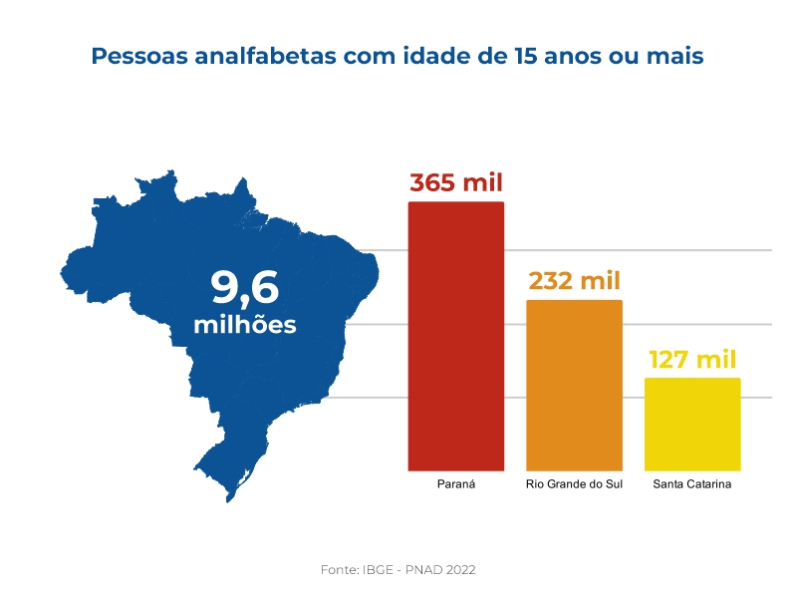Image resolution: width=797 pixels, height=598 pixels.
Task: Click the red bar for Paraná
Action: (x=456, y=336)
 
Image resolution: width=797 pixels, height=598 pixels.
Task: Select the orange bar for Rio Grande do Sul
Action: (x=574, y=385)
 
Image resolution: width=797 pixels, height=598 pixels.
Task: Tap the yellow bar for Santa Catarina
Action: (x=692, y=424)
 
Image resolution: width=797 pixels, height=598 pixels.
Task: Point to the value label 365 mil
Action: (x=456, y=183)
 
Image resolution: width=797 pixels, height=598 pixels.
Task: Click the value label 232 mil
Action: (x=574, y=281)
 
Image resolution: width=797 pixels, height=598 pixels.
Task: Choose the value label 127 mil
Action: (x=692, y=360)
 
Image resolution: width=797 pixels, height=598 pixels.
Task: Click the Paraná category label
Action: (x=456, y=484)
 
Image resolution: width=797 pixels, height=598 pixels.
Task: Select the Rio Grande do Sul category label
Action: (x=574, y=484)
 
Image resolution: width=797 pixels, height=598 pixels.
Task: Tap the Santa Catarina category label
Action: (x=692, y=484)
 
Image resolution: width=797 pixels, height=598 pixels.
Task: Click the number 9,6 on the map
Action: (x=245, y=288)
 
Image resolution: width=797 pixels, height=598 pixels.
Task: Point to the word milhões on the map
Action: (x=245, y=325)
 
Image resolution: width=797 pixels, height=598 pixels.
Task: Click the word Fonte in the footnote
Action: (x=340, y=569)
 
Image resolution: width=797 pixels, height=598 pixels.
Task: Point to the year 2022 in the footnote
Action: (x=459, y=569)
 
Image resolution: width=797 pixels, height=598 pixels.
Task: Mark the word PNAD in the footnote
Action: (x=423, y=569)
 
